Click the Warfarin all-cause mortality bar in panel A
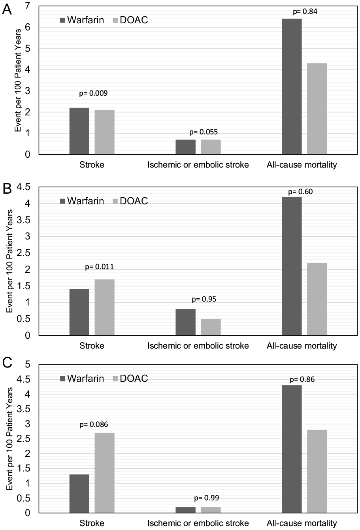292,87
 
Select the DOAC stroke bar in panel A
105,132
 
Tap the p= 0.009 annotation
93,93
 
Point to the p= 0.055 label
204,132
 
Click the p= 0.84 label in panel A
305,11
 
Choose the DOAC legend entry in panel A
130,20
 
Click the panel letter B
7,189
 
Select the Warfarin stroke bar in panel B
79,312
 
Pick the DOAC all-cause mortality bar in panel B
317,299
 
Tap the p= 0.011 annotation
99,267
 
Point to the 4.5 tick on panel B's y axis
23,187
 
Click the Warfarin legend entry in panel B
82,201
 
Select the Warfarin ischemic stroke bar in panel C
185,510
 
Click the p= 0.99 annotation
207,498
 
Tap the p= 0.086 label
94,425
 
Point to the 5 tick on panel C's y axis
28,364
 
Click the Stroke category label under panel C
92,523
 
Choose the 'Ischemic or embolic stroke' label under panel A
198,165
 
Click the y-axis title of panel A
18,81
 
